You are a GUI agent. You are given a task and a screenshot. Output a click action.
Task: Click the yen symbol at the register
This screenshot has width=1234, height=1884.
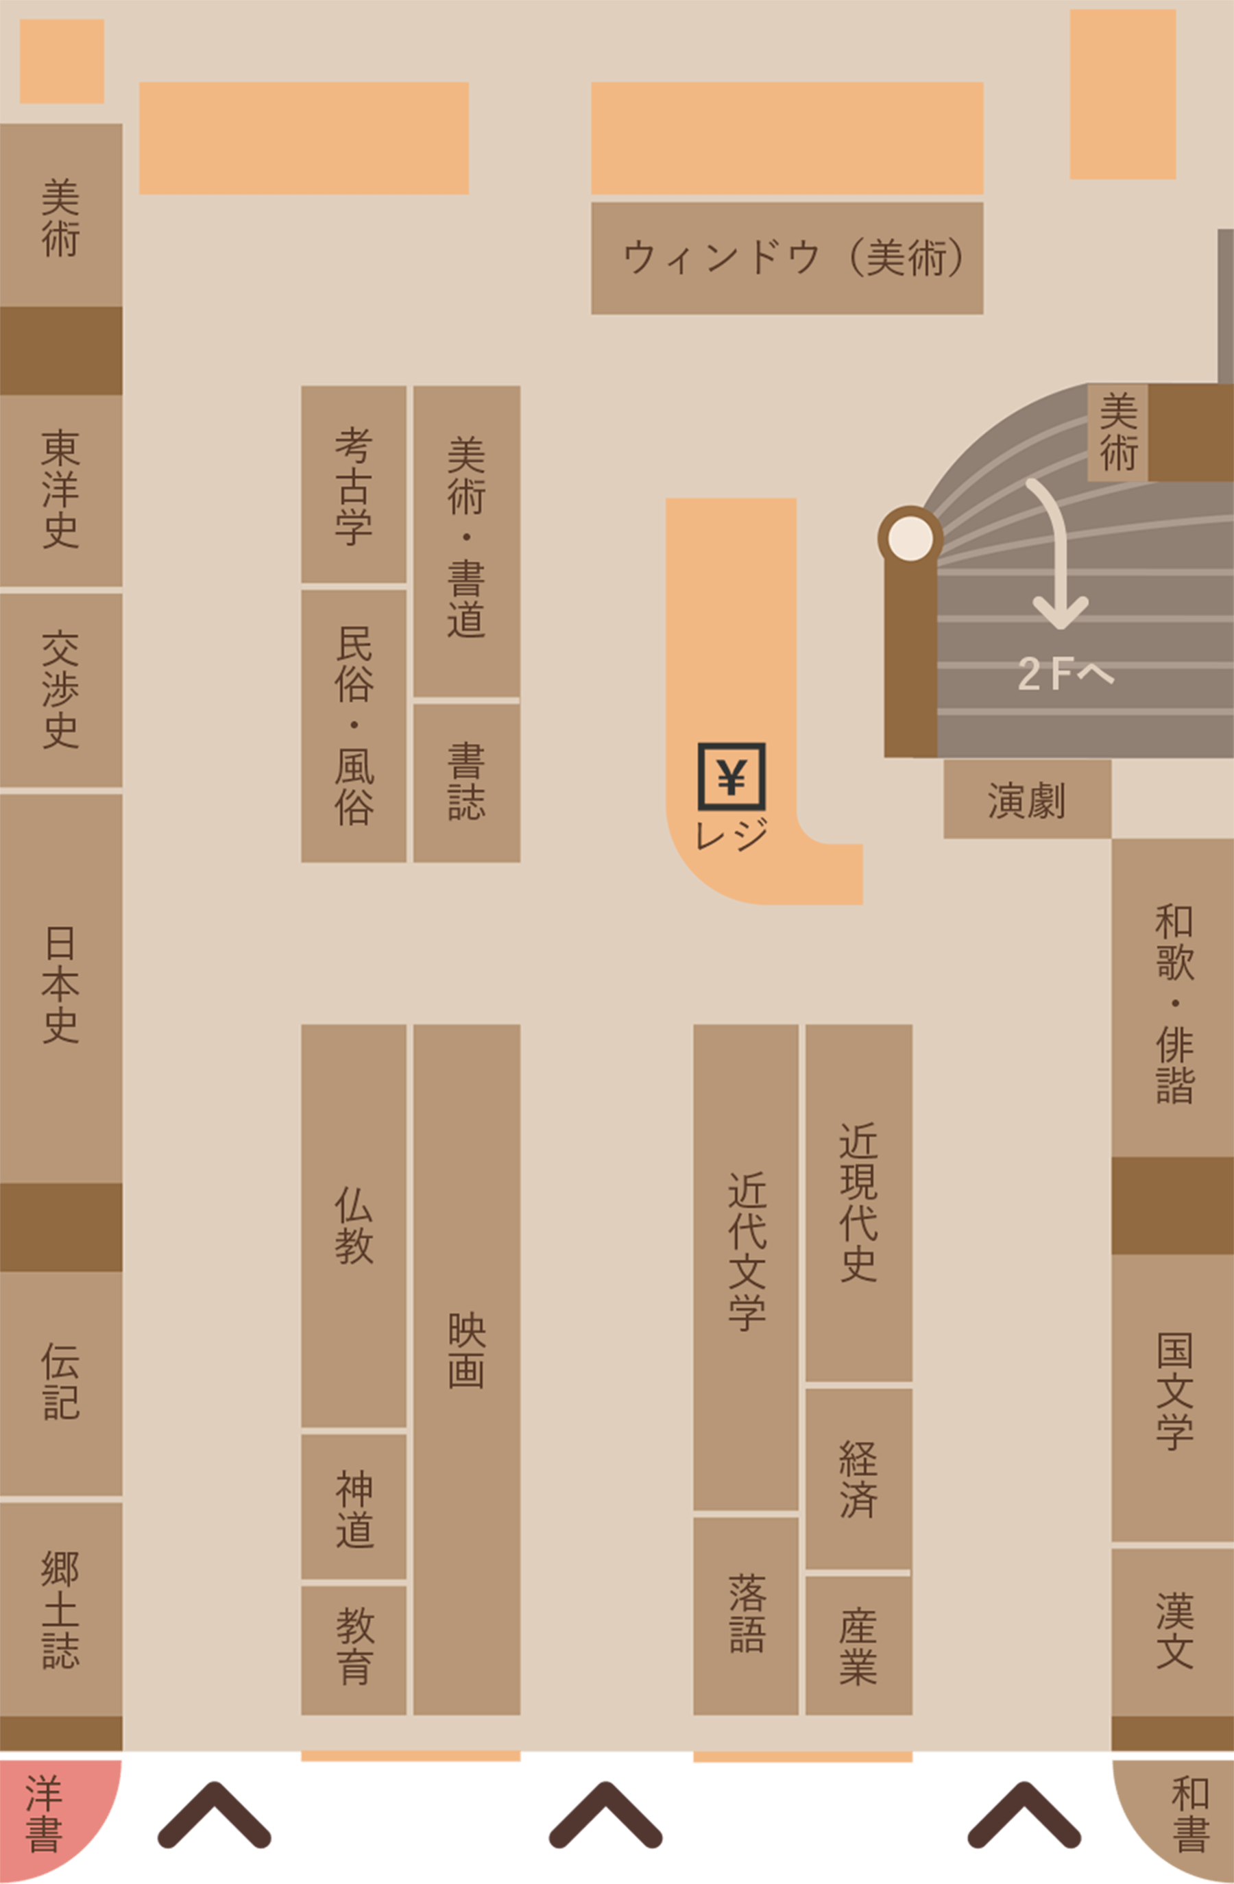tap(731, 776)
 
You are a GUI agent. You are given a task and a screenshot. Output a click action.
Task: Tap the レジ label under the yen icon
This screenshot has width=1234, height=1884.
tap(731, 834)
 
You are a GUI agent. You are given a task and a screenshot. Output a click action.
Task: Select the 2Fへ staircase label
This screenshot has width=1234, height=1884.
tap(1065, 674)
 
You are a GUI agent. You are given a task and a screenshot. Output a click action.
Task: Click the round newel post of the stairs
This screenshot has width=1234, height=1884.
tap(910, 538)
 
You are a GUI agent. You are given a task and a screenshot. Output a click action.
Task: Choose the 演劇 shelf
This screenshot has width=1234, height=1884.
tap(1026, 799)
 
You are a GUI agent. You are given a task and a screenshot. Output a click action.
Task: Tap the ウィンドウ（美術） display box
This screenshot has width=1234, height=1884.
tap(787, 258)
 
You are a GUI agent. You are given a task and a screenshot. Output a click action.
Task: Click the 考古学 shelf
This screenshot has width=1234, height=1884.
tap(354, 485)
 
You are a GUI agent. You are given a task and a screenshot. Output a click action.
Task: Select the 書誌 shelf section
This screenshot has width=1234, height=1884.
tap(466, 782)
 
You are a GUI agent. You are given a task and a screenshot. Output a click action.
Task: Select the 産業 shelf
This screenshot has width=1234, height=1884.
tap(859, 1645)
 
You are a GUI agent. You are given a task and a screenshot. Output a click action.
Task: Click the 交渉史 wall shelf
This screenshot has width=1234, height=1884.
tap(61, 690)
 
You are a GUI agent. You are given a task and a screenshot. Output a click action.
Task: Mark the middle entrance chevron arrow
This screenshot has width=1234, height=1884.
tap(605, 1815)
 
